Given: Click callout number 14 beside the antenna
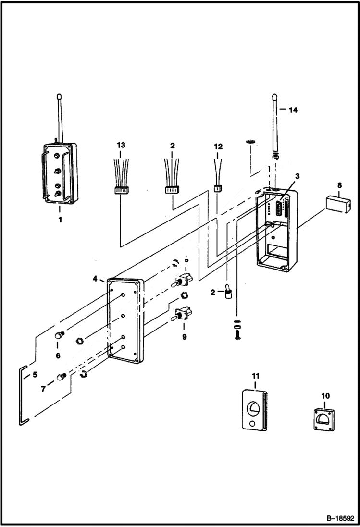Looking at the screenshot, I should coord(293,110).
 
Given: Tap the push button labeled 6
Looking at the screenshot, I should coord(59,335).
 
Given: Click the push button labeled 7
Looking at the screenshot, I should coord(61,377).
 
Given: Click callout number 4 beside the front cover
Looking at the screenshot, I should coord(95,279).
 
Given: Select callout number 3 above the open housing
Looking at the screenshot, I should coord(298,176).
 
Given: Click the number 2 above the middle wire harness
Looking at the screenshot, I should coord(172,145).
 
